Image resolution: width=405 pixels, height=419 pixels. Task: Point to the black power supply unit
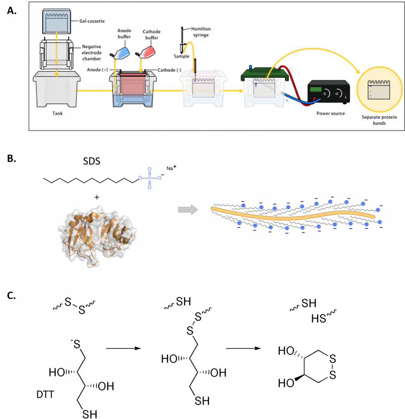tap(328, 91)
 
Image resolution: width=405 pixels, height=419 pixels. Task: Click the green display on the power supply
tap(315, 89)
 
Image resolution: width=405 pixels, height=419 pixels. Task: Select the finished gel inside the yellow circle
tap(378, 90)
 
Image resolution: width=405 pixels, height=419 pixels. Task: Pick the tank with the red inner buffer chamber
tap(133, 88)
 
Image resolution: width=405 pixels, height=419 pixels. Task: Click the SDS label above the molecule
tap(92, 162)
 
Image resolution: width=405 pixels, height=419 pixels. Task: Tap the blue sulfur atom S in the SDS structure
tap(149, 178)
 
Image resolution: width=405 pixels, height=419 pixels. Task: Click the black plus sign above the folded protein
tap(97, 197)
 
